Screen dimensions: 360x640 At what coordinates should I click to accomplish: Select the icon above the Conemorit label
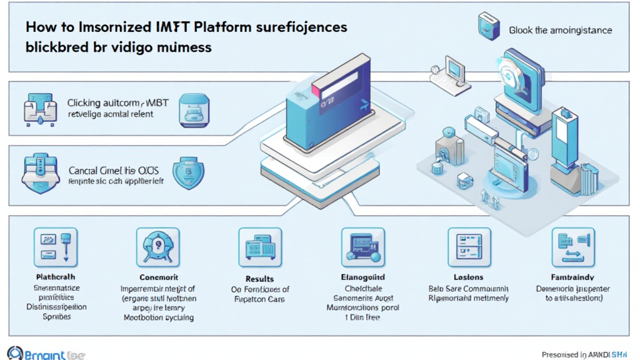153,247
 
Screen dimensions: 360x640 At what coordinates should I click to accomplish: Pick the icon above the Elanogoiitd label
359,247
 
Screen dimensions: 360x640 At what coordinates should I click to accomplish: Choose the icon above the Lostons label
466,247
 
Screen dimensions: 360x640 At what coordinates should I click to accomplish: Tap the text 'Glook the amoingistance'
560,30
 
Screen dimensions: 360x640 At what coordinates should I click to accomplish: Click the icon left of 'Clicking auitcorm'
39,107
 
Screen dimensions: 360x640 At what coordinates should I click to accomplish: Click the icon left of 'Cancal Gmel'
39,173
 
